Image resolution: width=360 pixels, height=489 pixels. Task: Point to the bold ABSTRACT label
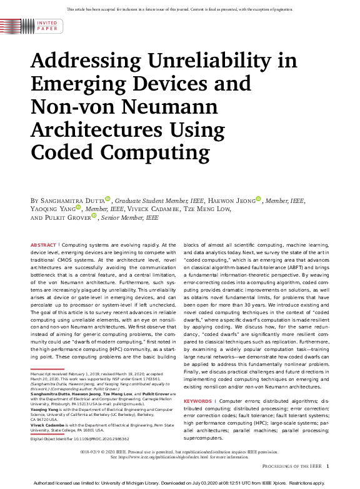(x=42, y=245)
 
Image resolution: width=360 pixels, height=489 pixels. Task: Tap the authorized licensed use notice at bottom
(x=180, y=483)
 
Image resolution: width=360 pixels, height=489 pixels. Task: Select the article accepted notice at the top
(x=180, y=8)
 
